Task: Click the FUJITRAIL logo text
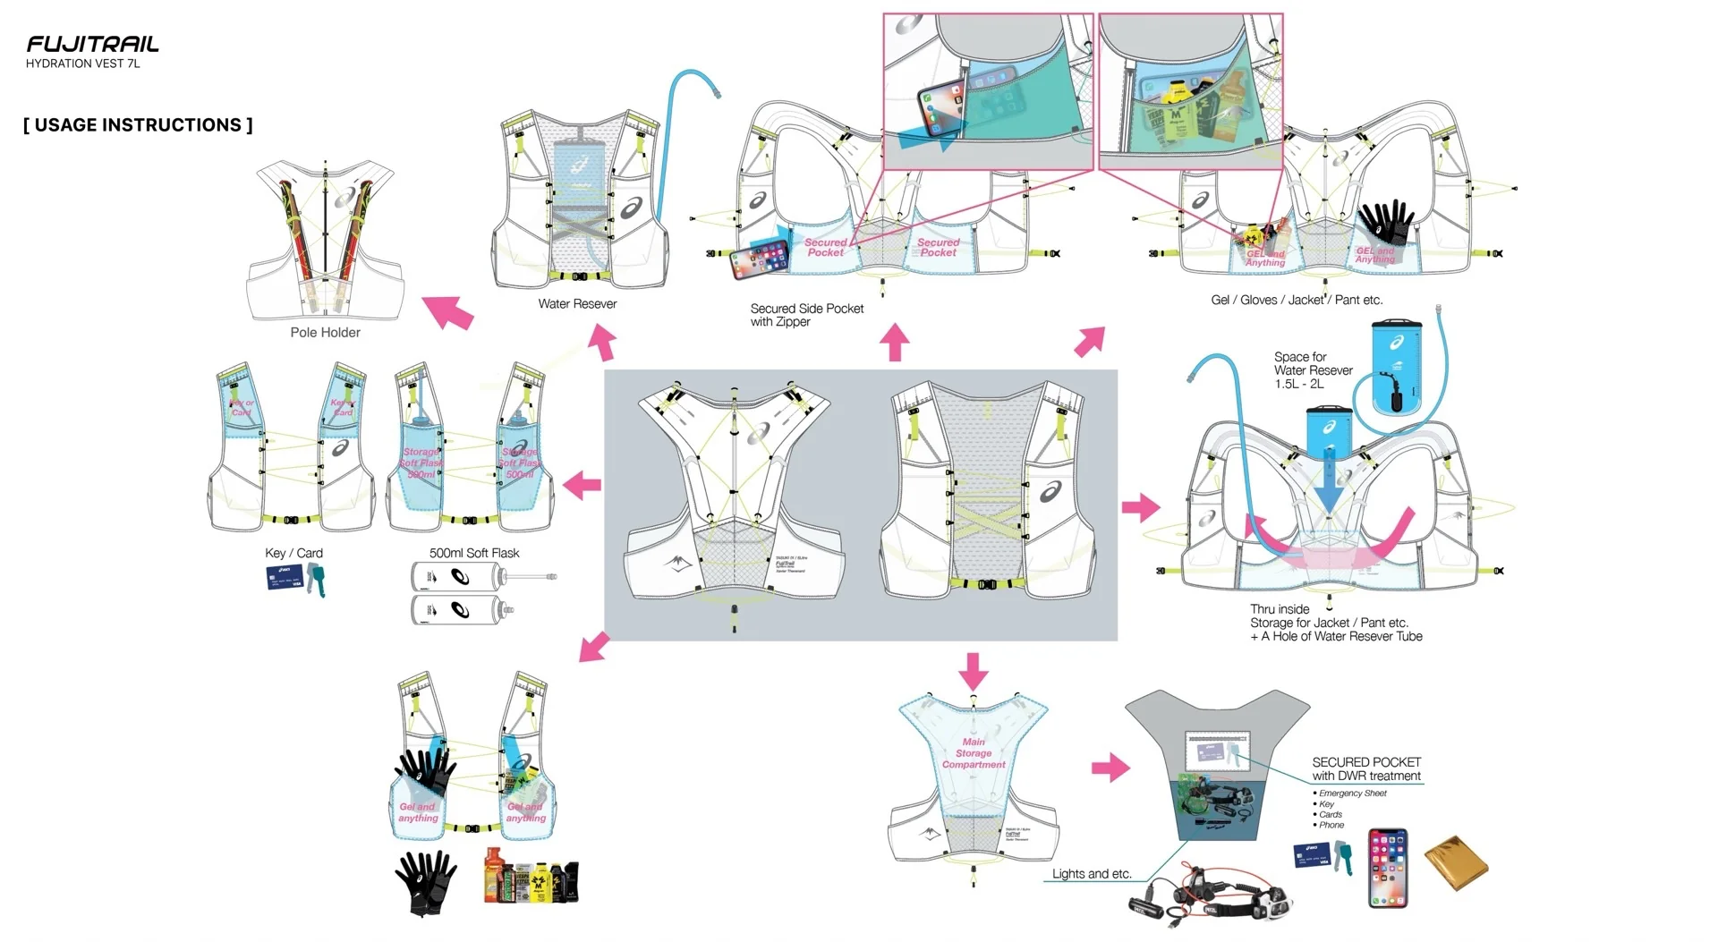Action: [x=92, y=44]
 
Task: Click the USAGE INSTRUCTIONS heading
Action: [x=138, y=125]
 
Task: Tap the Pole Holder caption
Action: [x=325, y=333]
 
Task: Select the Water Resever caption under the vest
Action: [x=577, y=304]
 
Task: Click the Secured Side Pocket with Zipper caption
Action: [x=806, y=315]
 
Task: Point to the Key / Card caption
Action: [x=293, y=553]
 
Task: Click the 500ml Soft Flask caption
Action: [x=474, y=553]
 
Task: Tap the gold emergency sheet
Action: [x=1456, y=863]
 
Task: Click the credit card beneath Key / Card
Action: [x=285, y=579]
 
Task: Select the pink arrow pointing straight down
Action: [x=973, y=670]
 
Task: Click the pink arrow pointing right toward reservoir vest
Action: [x=1140, y=508]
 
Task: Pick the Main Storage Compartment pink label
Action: [x=974, y=753]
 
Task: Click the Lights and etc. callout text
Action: [x=1092, y=874]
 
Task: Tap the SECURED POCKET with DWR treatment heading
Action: [x=1366, y=769]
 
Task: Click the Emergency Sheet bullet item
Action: [x=1352, y=793]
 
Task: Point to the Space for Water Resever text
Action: [x=1313, y=370]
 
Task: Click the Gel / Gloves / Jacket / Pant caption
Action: [x=1297, y=301]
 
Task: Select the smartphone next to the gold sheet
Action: [x=1388, y=868]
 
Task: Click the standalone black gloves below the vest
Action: [x=426, y=882]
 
